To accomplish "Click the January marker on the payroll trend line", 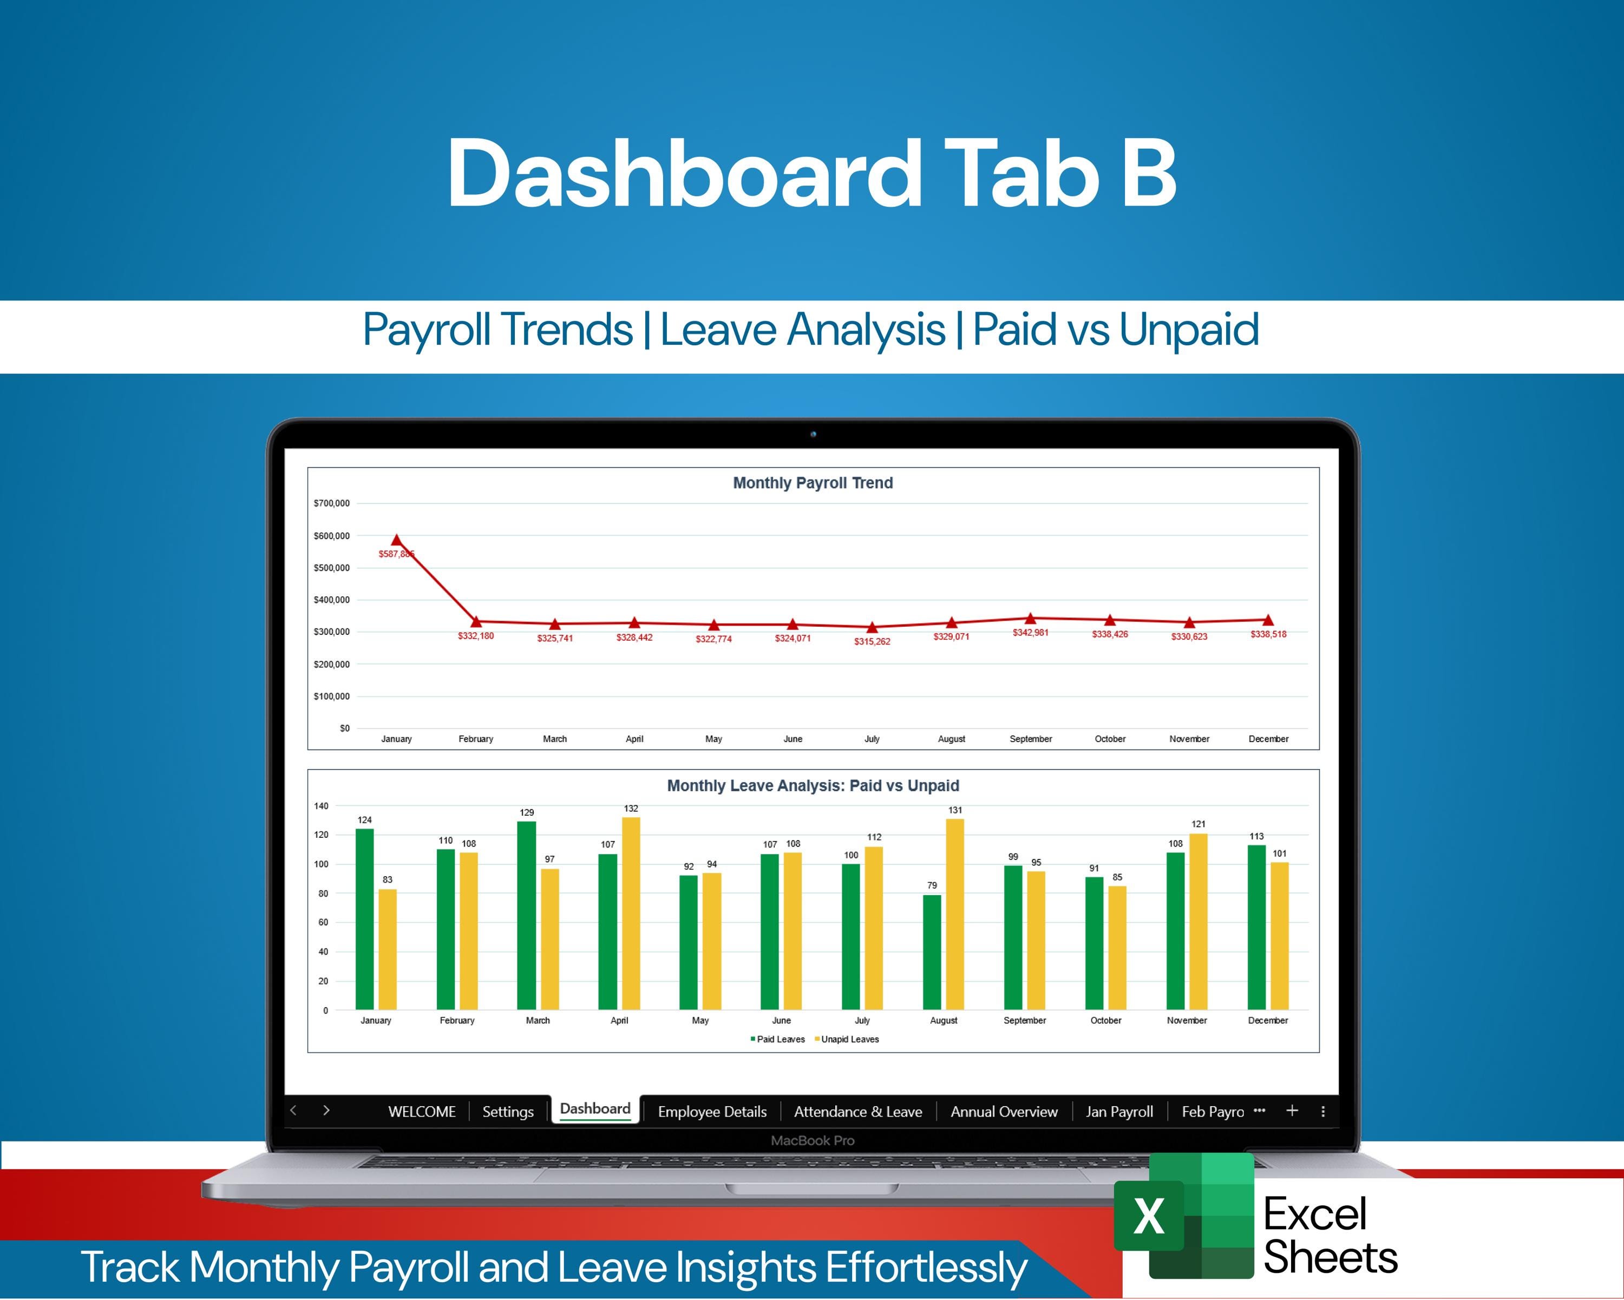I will point(396,540).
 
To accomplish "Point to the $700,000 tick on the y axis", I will point(331,503).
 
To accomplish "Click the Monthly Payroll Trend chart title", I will point(813,483).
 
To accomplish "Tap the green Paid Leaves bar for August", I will point(932,952).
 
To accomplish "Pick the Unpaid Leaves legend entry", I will point(849,1039).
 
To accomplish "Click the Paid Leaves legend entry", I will point(780,1039).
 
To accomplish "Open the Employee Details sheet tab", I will point(712,1112).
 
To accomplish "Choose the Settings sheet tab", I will point(508,1112).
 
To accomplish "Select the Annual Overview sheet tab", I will point(1003,1112).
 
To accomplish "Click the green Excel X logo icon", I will point(1148,1216).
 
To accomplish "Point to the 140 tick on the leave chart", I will point(321,806).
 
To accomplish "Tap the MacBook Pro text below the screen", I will point(812,1140).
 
